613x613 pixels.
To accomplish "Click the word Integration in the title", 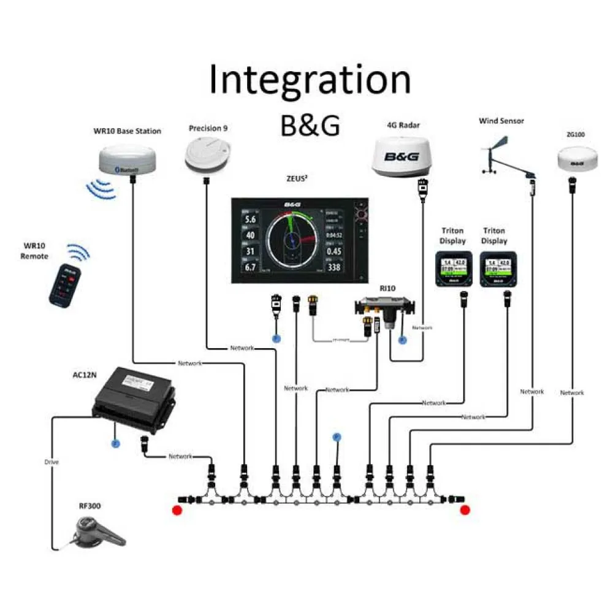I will pos(310,80).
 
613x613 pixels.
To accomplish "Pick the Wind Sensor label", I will pos(501,121).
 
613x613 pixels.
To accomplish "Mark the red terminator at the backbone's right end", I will pos(465,510).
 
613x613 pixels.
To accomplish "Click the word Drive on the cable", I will pos(51,462).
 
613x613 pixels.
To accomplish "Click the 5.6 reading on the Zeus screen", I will pos(250,219).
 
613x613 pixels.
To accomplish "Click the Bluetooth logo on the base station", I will pos(127,170).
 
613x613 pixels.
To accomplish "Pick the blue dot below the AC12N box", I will pos(114,442).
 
